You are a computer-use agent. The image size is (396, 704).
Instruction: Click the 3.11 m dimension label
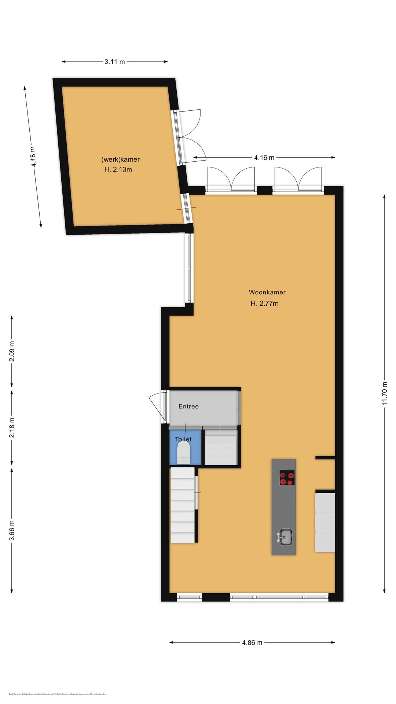(114, 62)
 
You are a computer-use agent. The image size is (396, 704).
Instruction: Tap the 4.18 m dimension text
(33, 157)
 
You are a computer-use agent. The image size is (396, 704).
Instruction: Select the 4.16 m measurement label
(264, 158)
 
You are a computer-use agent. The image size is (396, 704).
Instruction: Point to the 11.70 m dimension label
(384, 393)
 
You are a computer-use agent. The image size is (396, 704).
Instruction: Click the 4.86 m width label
(252, 642)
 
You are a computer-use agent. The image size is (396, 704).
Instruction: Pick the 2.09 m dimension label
(12, 351)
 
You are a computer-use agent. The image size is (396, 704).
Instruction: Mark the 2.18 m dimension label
(12, 428)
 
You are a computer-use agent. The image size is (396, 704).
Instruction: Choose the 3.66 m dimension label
(12, 530)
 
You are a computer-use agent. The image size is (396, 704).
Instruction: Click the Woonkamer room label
(267, 292)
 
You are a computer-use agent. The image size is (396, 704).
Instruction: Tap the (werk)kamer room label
(120, 159)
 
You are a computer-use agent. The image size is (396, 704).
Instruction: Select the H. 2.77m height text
(264, 303)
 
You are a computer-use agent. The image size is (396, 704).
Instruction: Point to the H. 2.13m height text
(118, 169)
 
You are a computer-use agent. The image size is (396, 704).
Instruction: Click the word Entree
(188, 406)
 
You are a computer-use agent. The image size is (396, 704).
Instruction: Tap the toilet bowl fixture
(183, 453)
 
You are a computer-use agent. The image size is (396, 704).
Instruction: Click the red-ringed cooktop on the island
(287, 477)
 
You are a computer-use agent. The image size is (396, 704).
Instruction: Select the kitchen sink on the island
(286, 537)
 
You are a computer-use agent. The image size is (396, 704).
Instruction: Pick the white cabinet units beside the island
(325, 522)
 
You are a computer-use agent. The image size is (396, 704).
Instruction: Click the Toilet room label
(183, 439)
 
